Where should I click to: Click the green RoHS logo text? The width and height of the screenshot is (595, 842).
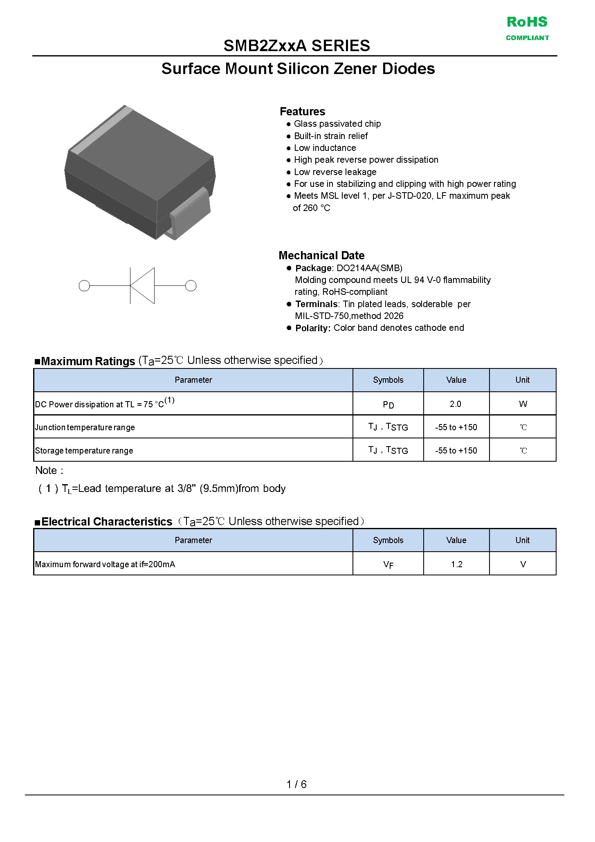(x=527, y=22)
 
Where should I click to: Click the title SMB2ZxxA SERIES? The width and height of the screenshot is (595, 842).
(x=296, y=45)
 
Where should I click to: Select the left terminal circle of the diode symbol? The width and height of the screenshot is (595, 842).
(x=84, y=285)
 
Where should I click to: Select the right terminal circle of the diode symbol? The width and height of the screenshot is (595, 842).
(x=191, y=285)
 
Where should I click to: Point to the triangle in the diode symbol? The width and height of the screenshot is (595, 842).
(x=143, y=285)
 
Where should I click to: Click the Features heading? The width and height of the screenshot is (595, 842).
(x=302, y=111)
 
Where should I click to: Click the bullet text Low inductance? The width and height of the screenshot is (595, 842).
(x=325, y=148)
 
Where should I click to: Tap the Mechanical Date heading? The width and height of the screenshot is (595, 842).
(x=321, y=255)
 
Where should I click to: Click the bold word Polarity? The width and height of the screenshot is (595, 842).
(x=312, y=328)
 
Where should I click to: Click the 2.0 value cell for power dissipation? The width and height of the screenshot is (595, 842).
(x=456, y=404)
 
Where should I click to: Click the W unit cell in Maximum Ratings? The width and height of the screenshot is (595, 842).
(x=523, y=404)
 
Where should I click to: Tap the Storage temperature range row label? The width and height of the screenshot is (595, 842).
(x=84, y=451)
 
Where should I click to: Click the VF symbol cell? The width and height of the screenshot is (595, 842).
(x=388, y=565)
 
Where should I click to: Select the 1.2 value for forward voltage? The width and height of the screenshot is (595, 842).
(x=456, y=564)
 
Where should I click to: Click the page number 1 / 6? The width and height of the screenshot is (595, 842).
(x=296, y=784)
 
